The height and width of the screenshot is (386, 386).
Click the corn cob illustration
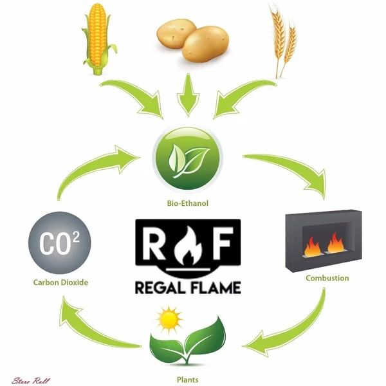point(98,39)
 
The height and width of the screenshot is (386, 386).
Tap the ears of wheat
point(283,41)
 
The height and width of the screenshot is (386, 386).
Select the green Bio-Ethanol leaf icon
point(188,158)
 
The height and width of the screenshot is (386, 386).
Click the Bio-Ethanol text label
point(188,203)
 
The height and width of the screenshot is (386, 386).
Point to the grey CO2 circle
point(60,243)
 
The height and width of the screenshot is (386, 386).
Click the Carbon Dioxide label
point(60,282)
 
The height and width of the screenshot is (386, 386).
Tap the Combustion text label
point(327,278)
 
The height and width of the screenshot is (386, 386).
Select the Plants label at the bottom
point(187,380)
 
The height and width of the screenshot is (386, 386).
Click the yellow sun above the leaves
point(169,320)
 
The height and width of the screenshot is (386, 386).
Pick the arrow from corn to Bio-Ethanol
point(138,95)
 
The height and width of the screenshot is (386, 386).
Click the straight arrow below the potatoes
point(188,95)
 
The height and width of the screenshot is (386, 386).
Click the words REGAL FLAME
point(188,288)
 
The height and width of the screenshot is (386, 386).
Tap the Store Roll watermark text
point(31,381)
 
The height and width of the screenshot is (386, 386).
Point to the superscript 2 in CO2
point(76,237)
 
